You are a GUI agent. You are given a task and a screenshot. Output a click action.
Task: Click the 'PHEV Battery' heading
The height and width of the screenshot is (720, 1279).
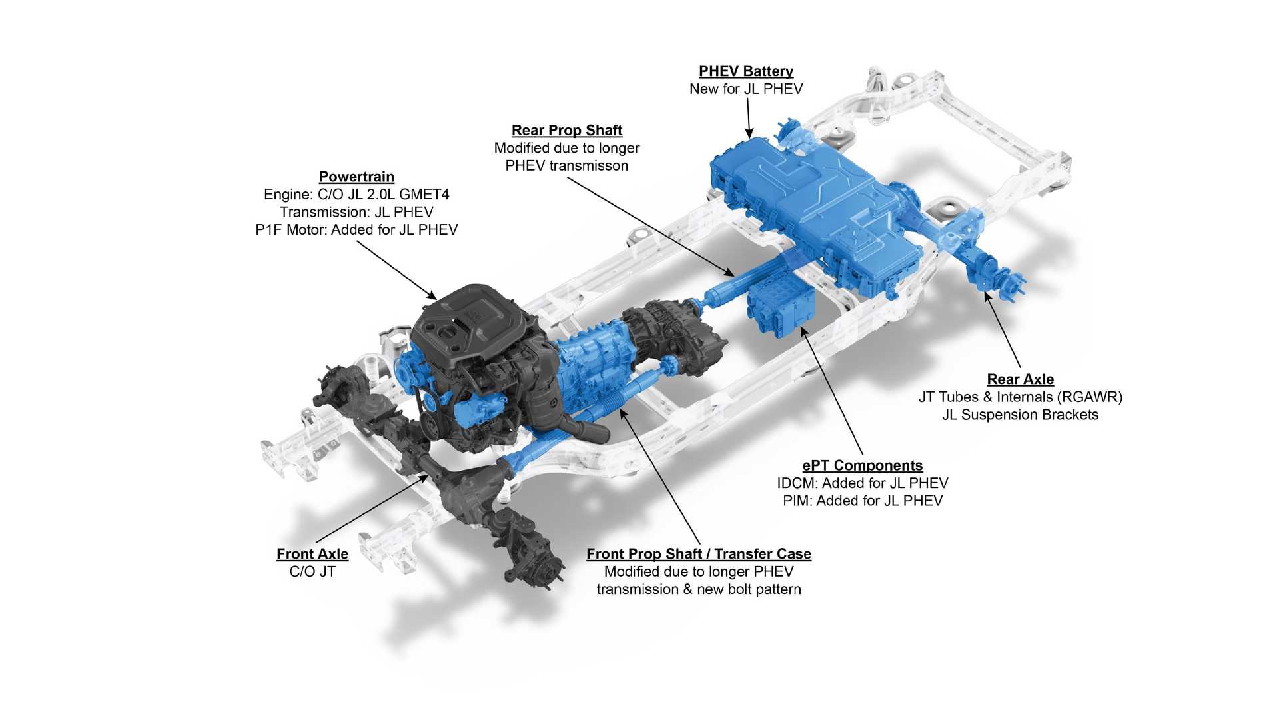(x=746, y=71)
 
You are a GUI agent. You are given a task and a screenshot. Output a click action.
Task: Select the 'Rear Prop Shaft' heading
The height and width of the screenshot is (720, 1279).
(x=567, y=131)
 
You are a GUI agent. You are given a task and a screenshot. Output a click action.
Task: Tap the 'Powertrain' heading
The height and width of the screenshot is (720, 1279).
(x=356, y=177)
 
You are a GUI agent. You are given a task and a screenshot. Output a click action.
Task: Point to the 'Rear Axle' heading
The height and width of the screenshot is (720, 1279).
(x=1020, y=379)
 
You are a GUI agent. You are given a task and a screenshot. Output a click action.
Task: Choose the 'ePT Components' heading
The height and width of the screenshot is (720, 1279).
(x=863, y=465)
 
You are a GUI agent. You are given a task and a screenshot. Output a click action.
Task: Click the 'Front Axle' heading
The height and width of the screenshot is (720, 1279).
(x=312, y=554)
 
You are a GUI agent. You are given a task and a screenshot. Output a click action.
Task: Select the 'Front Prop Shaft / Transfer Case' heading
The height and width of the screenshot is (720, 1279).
(x=699, y=554)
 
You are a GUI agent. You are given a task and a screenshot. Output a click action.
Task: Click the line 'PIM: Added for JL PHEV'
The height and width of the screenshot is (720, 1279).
(x=863, y=500)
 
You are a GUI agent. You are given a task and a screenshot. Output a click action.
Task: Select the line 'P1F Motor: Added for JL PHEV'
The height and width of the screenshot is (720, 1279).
(x=356, y=229)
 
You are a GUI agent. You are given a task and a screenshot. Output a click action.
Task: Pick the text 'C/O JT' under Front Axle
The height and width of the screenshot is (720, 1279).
(x=312, y=571)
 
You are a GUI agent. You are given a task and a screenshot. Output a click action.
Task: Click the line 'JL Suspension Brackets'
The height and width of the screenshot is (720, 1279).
(x=1020, y=414)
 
